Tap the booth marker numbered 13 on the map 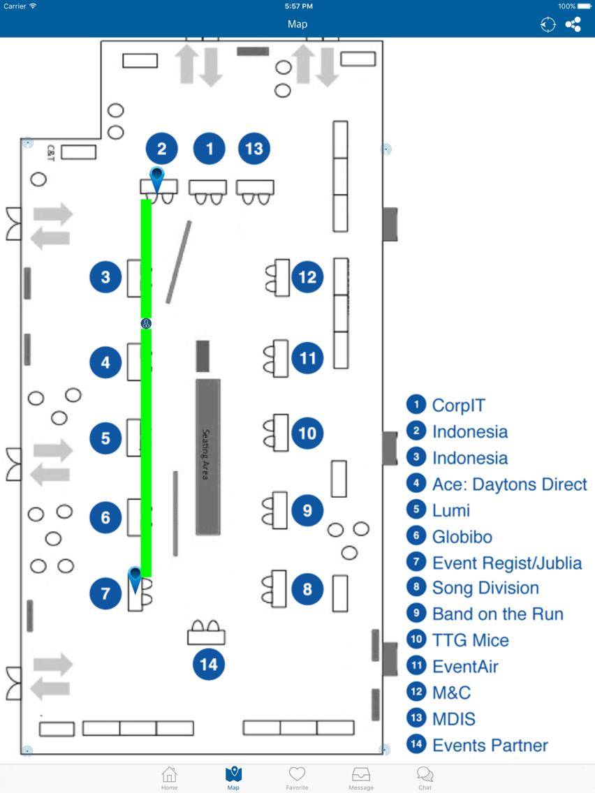[254, 149]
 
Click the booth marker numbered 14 [208, 664]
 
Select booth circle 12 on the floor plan [307, 276]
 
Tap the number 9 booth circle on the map [307, 510]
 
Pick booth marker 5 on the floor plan [105, 438]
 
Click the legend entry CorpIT [458, 405]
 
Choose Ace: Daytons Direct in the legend [510, 484]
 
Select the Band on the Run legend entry [498, 614]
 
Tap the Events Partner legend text [490, 745]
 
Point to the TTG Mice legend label [471, 639]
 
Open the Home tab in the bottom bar [170, 778]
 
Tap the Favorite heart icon [297, 774]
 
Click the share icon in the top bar [573, 24]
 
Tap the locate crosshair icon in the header [548, 24]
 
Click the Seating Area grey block [208, 457]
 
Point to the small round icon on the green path [146, 324]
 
